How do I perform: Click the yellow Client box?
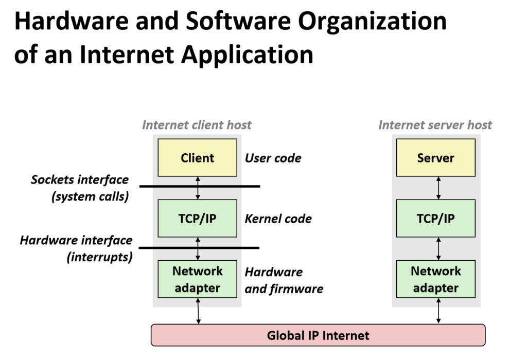[x=197, y=158]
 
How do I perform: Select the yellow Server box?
[x=436, y=158]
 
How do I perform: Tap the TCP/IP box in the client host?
[x=197, y=219]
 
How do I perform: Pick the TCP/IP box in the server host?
[x=436, y=219]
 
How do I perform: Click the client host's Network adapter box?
[x=197, y=279]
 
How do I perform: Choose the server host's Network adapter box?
[x=436, y=279]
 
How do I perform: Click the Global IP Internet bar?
[x=318, y=336]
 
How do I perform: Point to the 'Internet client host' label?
[x=197, y=125]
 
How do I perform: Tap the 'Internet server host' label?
[x=435, y=125]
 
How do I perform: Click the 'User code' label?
[x=273, y=158]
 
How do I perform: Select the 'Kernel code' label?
[x=278, y=219]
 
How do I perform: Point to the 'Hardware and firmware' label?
[x=284, y=280]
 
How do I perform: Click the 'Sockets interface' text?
[x=80, y=179]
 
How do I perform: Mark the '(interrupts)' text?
[x=100, y=256]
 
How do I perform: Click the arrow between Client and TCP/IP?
[x=198, y=188]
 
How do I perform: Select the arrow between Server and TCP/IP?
[x=438, y=188]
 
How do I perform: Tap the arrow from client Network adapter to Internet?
[x=198, y=312]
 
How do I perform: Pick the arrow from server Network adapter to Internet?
[x=438, y=312]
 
